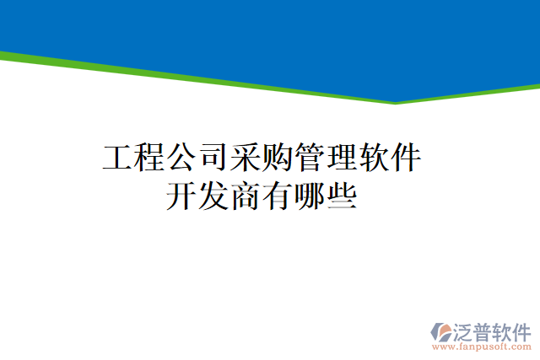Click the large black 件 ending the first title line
click(407, 159)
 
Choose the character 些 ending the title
click(343, 199)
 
